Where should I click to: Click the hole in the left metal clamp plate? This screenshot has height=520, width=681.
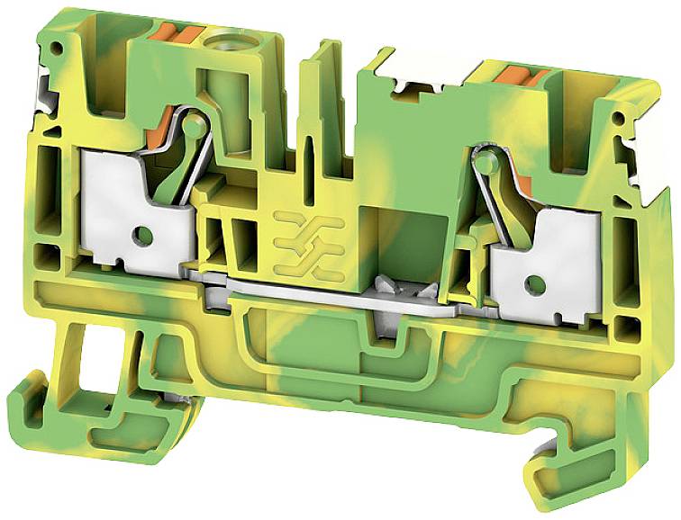point(141,236)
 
